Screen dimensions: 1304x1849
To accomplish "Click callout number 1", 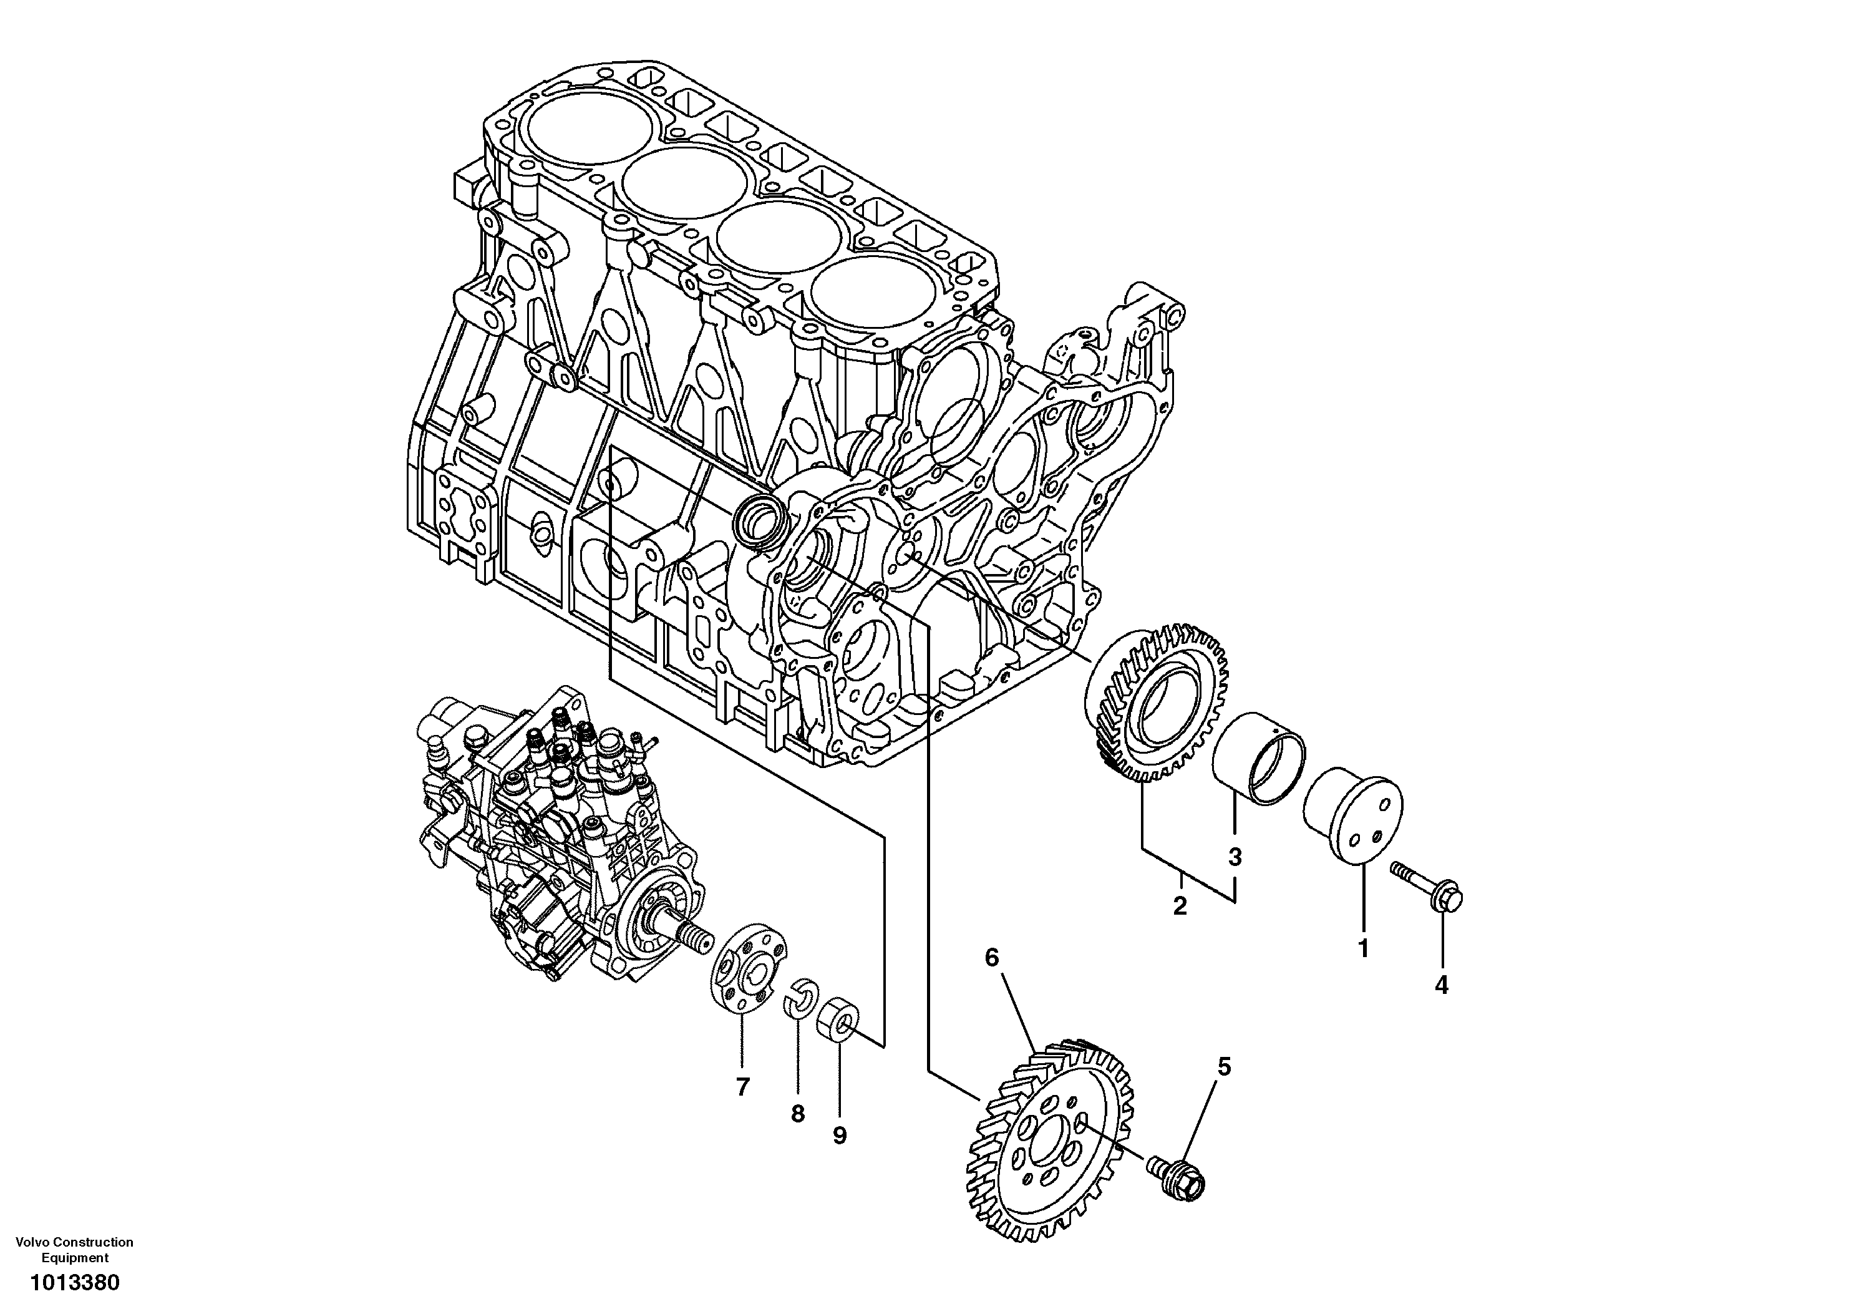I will click(x=1364, y=950).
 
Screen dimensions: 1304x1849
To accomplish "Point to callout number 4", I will click(x=1442, y=985).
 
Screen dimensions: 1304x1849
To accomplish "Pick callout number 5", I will click(x=1224, y=1067).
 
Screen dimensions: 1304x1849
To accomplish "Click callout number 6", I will click(x=991, y=958).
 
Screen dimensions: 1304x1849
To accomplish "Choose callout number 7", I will click(x=742, y=1087).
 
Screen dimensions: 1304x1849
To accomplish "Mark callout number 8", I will click(x=797, y=1114).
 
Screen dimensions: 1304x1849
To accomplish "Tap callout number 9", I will click(x=839, y=1136).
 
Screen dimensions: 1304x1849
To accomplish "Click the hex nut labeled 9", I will click(x=838, y=1022).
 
